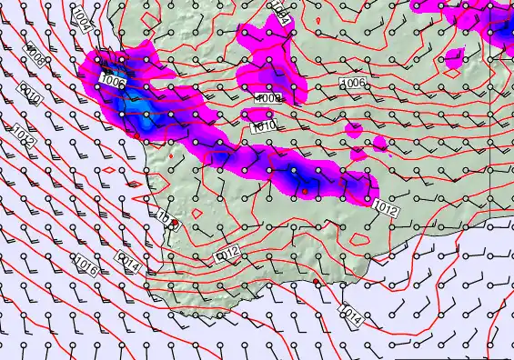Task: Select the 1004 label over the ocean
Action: (x=81, y=17)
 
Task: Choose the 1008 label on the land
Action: (x=267, y=98)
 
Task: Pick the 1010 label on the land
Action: (x=263, y=127)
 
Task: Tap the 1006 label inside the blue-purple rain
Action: (x=113, y=82)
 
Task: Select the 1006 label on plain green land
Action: (x=353, y=84)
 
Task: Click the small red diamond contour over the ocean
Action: (x=108, y=170)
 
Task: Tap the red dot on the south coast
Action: (x=315, y=283)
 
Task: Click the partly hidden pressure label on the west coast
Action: (x=164, y=218)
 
